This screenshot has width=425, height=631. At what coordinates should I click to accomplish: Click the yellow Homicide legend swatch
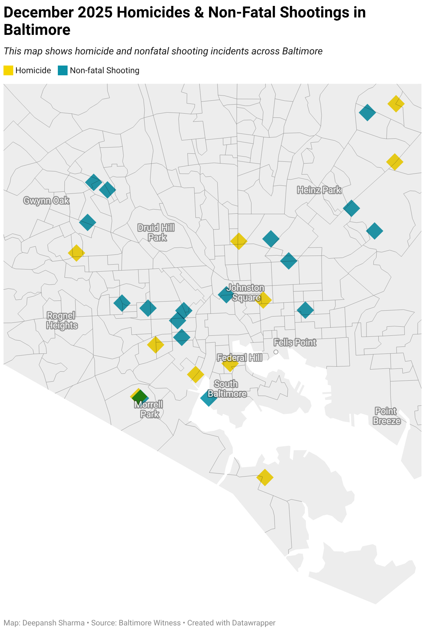[x=8, y=70]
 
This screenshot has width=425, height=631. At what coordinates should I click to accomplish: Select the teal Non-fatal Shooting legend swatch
[x=63, y=70]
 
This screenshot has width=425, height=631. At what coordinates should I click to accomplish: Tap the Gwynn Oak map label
[x=46, y=201]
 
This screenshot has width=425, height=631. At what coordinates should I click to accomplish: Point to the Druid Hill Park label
[x=156, y=233]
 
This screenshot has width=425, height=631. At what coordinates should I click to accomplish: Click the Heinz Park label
[x=319, y=190]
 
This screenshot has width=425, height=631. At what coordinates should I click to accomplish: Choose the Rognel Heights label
[x=62, y=320]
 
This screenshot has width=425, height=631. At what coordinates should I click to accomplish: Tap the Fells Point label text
[x=295, y=342]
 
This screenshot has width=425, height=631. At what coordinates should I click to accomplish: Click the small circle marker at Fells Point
[x=276, y=352]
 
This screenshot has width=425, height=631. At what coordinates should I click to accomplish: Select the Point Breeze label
[x=386, y=416]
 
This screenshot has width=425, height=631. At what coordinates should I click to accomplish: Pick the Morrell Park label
[x=149, y=409]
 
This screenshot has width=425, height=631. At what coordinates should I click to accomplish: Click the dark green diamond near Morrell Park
[x=140, y=397]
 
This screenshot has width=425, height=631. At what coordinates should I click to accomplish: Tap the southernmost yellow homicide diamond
[x=265, y=477]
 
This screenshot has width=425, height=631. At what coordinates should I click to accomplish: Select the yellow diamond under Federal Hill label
[x=230, y=364]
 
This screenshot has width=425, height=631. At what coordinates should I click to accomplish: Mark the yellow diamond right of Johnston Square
[x=264, y=300]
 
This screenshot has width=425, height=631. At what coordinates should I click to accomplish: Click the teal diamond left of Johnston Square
[x=226, y=295]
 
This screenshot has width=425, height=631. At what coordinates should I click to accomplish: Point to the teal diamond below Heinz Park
[x=351, y=208]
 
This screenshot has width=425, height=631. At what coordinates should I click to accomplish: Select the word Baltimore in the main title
[x=37, y=30]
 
